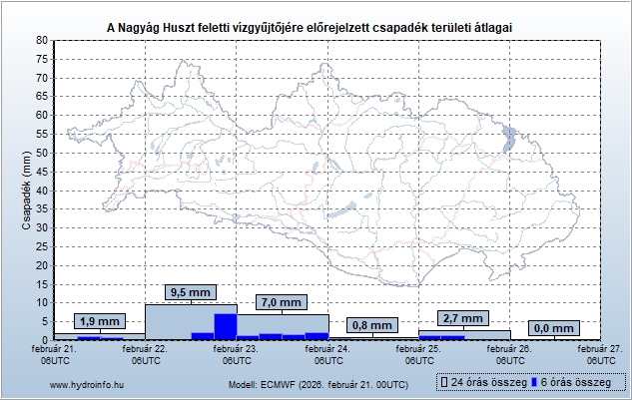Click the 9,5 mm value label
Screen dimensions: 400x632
click(190, 292)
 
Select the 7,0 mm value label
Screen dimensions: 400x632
click(280, 302)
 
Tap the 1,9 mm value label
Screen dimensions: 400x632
click(99, 321)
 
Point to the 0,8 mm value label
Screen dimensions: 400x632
click(372, 325)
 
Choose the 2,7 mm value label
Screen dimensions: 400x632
click(462, 318)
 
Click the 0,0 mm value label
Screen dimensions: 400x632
click(553, 328)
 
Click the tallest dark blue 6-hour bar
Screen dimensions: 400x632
click(226, 326)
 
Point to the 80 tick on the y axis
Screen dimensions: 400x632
click(42, 41)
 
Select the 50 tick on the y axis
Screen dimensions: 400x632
click(42, 153)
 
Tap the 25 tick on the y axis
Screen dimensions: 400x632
click(42, 246)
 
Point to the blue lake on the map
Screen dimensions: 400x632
click(510, 138)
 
